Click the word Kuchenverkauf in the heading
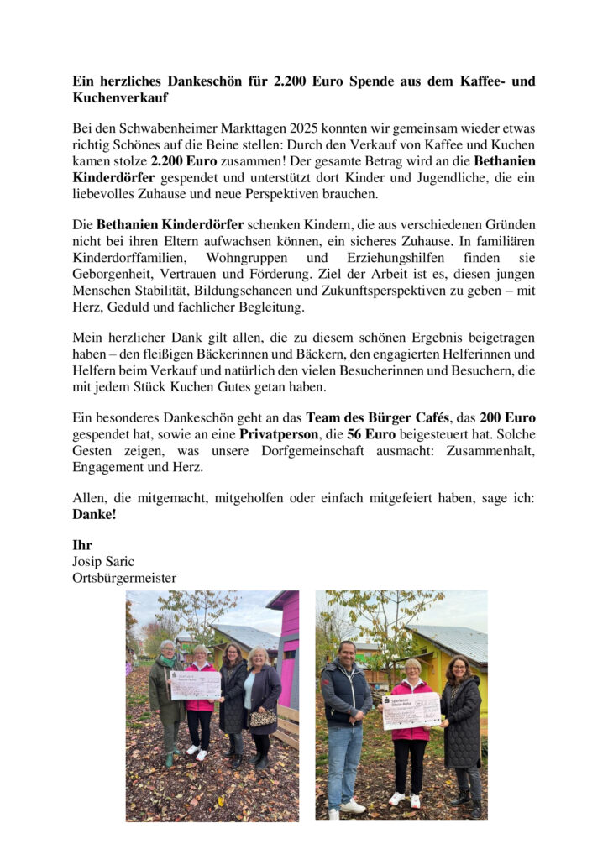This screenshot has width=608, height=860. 120,98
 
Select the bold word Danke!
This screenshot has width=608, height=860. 94,514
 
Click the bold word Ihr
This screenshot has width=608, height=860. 82,545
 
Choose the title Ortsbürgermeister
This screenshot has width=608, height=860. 124,577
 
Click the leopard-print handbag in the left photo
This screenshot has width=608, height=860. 263,718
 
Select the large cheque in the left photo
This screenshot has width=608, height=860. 196,684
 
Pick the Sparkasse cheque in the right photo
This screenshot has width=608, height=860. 411,710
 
